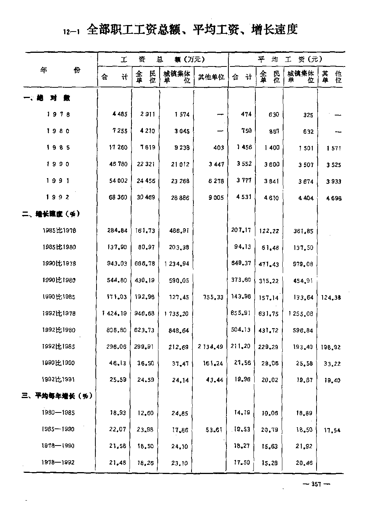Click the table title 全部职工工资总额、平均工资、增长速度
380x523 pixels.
click(x=192, y=30)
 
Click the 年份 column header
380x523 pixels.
click(x=61, y=70)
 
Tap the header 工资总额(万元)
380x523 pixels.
click(x=163, y=59)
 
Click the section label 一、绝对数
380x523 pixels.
click(x=47, y=98)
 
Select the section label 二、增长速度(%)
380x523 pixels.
click(x=51, y=214)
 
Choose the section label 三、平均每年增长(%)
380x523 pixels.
click(x=57, y=396)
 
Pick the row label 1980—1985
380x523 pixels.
click(x=59, y=412)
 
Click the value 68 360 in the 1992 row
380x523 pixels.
click(x=118, y=198)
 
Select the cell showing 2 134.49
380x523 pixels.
click(x=211, y=346)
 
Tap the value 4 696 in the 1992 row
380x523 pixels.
click(x=333, y=198)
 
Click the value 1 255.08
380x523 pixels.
click(x=301, y=314)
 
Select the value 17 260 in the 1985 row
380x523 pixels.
click(x=118, y=147)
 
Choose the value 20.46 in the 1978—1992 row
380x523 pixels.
click(x=305, y=463)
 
